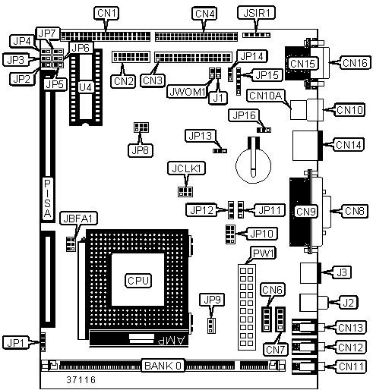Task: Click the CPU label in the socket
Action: [x=138, y=281]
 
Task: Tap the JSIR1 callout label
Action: [x=257, y=13]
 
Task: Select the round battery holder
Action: [x=253, y=165]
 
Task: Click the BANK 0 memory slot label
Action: [x=163, y=366]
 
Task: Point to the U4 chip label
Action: [x=85, y=87]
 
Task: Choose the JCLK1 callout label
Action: [x=186, y=168]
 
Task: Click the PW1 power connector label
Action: [x=264, y=253]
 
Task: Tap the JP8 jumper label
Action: [x=141, y=150]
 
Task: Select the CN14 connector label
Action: [x=349, y=145]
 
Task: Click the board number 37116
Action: [x=81, y=379]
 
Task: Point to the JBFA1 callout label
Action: [x=78, y=219]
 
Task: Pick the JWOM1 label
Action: [x=187, y=92]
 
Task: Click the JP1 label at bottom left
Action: [x=16, y=343]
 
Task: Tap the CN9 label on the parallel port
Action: [x=306, y=212]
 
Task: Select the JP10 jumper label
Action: [x=261, y=234]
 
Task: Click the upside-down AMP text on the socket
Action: [x=172, y=341]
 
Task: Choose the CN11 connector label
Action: [x=351, y=366]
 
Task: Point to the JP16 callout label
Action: [x=244, y=115]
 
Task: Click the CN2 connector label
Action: [x=123, y=81]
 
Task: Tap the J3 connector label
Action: [x=342, y=272]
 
